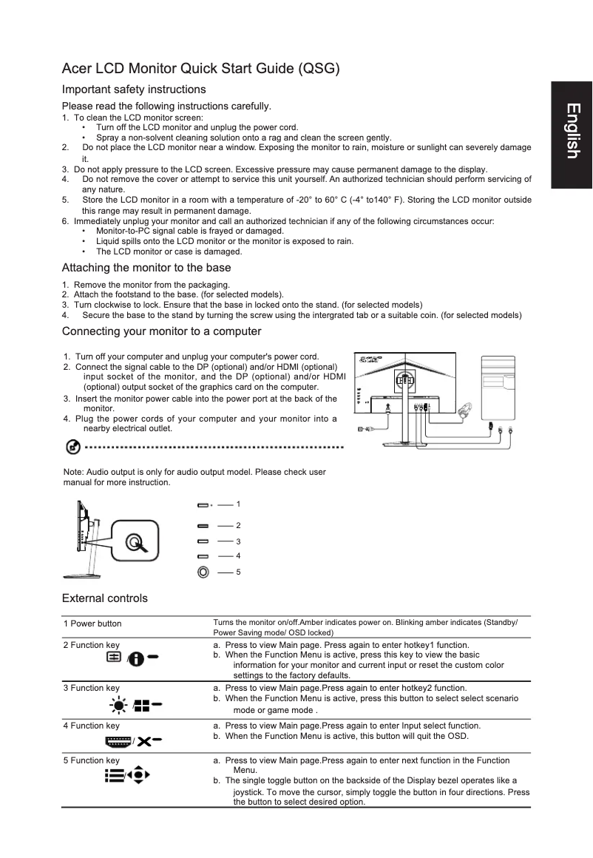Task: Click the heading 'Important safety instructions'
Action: (134, 89)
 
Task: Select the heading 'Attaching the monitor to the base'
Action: (146, 268)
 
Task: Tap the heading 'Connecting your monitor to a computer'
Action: (161, 331)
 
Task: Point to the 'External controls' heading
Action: (104, 598)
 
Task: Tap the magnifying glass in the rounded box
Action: (135, 543)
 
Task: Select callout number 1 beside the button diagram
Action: (238, 504)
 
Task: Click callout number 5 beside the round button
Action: (238, 572)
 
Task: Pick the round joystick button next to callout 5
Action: (203, 572)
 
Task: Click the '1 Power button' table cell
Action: (92, 624)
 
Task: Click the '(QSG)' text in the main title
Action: (318, 70)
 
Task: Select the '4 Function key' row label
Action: (91, 726)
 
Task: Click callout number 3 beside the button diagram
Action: (238, 541)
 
